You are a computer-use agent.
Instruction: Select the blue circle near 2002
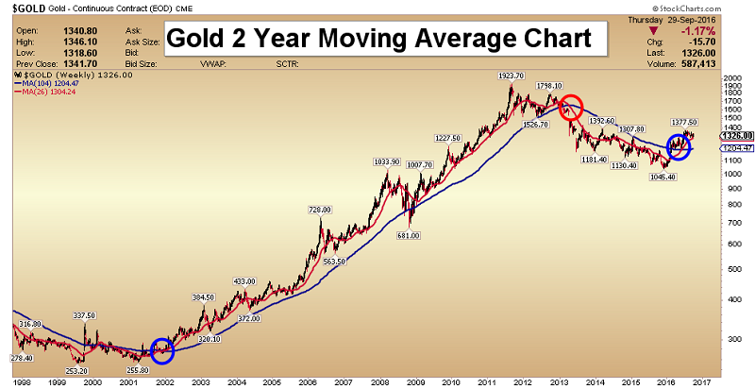162,350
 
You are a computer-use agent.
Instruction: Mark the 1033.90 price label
388,161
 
